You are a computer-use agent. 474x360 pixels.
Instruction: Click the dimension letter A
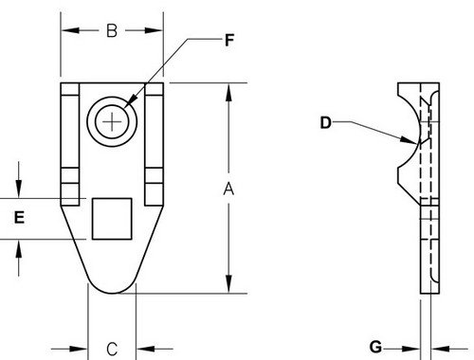click(228, 189)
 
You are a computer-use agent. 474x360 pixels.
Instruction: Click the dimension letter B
click(112, 31)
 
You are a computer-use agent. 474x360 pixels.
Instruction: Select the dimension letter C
click(112, 350)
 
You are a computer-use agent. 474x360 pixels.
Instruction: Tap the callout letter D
click(325, 122)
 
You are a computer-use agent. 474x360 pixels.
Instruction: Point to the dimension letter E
click(19, 218)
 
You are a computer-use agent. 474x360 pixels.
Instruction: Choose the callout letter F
click(229, 41)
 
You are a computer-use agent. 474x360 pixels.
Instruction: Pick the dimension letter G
click(375, 347)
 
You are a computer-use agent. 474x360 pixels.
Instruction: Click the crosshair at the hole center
click(112, 122)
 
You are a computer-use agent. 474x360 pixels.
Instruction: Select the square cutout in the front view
click(112, 219)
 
